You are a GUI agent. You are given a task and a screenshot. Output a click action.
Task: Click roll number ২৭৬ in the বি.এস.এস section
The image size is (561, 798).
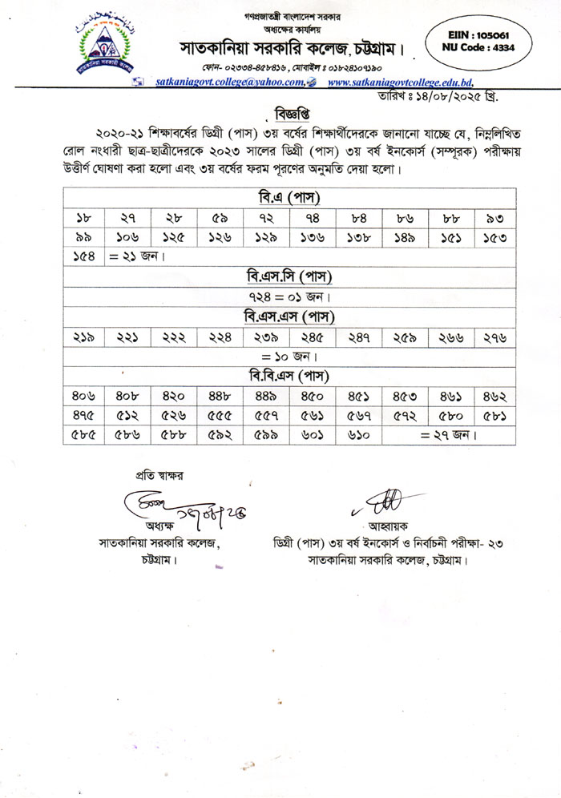point(494,337)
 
